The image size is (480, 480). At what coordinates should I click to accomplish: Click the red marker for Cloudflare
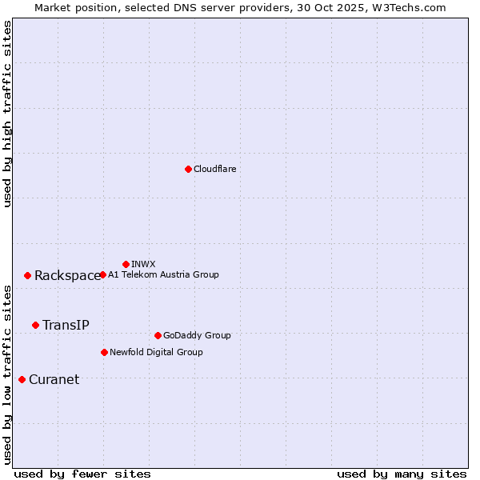click(x=188, y=169)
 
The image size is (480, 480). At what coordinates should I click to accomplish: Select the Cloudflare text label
click(x=214, y=169)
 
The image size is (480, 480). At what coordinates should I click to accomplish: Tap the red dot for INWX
click(x=126, y=264)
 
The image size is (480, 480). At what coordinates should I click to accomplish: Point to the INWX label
click(x=143, y=264)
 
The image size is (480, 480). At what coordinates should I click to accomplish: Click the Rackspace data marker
click(x=27, y=275)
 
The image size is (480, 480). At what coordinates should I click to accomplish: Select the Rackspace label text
click(x=67, y=275)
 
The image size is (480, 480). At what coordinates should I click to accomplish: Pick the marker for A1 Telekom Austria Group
click(x=102, y=274)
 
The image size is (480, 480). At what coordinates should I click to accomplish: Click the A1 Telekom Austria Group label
click(x=163, y=274)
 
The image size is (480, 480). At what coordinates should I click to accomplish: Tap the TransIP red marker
click(x=35, y=325)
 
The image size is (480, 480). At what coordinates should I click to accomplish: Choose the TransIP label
click(x=66, y=325)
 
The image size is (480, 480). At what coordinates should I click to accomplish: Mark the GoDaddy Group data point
click(x=158, y=335)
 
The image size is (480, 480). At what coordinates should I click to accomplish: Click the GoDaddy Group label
click(x=197, y=335)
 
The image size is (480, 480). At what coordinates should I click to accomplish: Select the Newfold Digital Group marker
click(x=104, y=352)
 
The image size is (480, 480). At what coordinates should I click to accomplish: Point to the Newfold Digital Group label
click(x=156, y=352)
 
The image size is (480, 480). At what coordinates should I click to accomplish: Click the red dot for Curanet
click(x=22, y=379)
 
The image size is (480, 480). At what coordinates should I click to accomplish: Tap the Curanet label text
click(x=54, y=379)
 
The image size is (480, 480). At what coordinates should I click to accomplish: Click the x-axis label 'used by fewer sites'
click(x=82, y=474)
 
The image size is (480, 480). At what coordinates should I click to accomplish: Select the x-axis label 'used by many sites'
click(x=402, y=474)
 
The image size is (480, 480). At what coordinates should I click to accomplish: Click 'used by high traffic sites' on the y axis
click(x=7, y=114)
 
